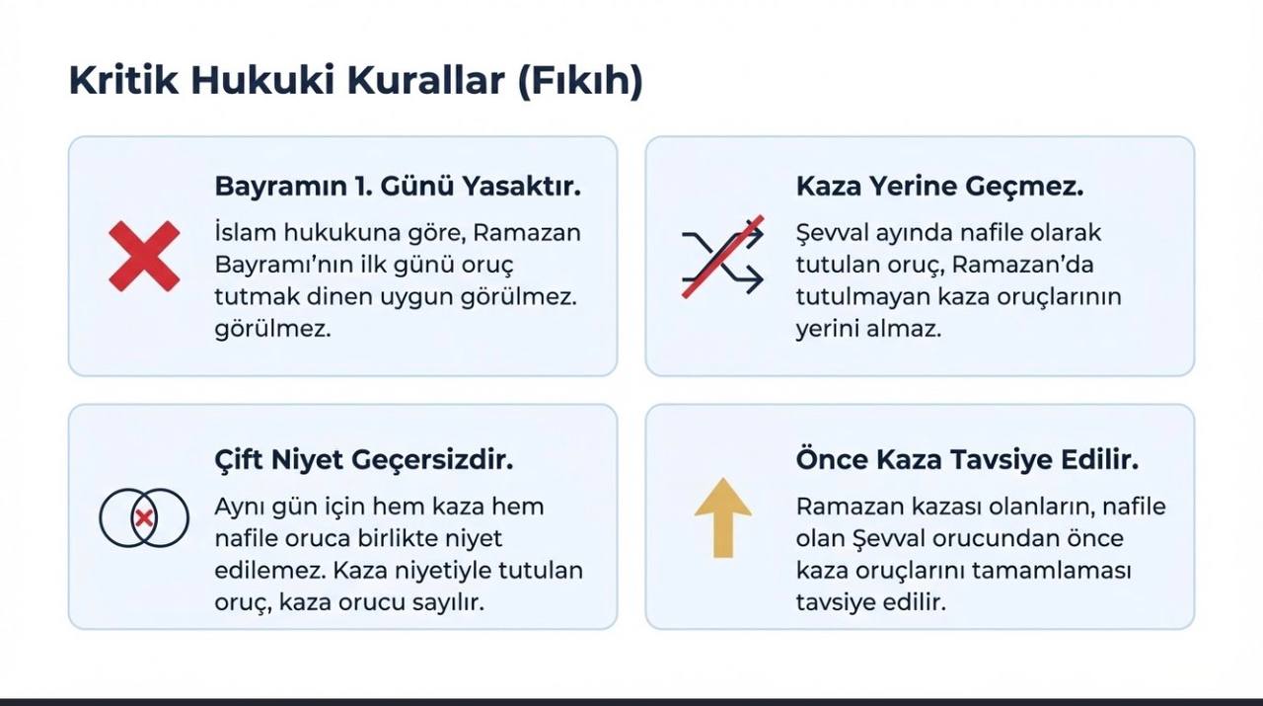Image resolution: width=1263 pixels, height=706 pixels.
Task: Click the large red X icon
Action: point(144,256)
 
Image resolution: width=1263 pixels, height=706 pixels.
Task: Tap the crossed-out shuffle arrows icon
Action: point(723,256)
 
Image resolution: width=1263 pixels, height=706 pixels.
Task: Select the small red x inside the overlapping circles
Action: point(144,517)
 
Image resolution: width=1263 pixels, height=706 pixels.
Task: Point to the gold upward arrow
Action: point(723,517)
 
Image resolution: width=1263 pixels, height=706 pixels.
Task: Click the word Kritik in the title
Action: point(124,80)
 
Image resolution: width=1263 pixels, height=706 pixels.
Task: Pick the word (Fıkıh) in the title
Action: point(579,81)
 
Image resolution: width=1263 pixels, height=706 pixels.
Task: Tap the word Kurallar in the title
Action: point(425,80)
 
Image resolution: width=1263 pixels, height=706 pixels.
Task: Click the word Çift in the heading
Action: point(239,460)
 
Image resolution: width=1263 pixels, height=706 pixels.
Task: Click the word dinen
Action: point(338,296)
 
